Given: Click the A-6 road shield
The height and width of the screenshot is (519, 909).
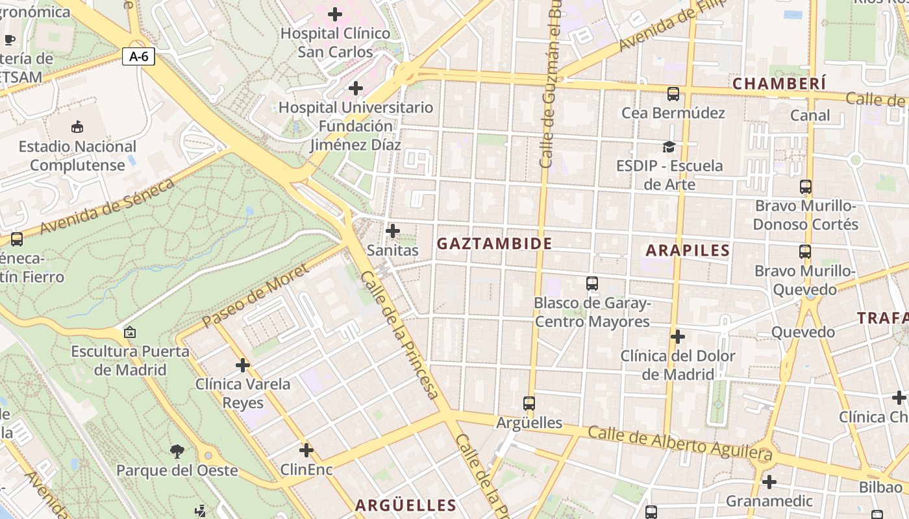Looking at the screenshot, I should coord(138,56).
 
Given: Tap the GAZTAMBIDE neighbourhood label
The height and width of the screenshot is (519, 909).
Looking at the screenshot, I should coord(494,244).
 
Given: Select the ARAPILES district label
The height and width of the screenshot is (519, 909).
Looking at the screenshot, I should coord(688,250).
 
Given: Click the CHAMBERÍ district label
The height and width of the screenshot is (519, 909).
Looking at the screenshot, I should coord(779,84).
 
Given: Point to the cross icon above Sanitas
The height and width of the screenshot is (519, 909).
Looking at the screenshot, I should coord(393,230).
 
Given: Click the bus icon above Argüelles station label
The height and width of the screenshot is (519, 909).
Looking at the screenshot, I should coord(529,403).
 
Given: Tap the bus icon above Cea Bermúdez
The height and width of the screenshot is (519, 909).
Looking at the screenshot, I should coord(673,93).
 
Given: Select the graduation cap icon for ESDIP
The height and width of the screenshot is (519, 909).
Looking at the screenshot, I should coord(669,147).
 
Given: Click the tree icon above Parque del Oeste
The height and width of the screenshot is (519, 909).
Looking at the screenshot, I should coord(177,451).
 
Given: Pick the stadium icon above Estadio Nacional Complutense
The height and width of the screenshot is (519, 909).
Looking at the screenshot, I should coord(77,127).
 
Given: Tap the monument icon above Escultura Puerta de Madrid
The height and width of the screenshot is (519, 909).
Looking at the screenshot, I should coord(130,332).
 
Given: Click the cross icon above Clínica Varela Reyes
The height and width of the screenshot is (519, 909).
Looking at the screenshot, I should coord(243,365).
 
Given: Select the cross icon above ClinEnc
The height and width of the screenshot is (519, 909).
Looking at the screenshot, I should coord(306,450).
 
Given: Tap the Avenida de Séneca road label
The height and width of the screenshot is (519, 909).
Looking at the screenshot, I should coord(108,206).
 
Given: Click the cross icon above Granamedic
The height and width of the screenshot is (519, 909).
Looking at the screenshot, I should coord(769,482).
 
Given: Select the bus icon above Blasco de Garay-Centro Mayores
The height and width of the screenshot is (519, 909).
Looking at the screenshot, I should coord(591,284).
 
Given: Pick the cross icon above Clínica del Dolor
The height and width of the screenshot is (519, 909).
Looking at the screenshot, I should coord(678,337).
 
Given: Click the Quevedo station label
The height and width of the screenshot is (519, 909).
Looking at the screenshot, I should coord(803,332).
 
